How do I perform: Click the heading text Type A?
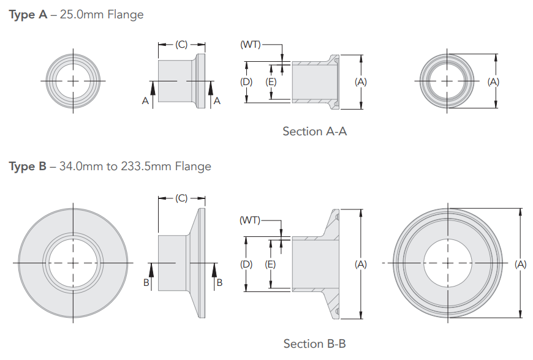[28, 15]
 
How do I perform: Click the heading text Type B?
[28, 167]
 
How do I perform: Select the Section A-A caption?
[314, 132]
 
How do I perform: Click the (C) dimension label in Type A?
[181, 45]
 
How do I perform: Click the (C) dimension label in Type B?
[181, 198]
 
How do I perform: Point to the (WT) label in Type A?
[250, 45]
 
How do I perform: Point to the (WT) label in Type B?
[250, 220]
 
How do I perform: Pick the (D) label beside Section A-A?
[246, 81]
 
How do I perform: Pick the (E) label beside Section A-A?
[271, 81]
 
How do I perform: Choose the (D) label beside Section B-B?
[246, 264]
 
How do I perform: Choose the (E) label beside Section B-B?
[271, 264]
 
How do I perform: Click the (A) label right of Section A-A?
[361, 81]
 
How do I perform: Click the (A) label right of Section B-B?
[361, 264]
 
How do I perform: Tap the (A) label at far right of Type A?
[494, 81]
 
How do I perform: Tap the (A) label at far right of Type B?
[520, 264]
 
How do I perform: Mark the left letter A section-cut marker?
[145, 101]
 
